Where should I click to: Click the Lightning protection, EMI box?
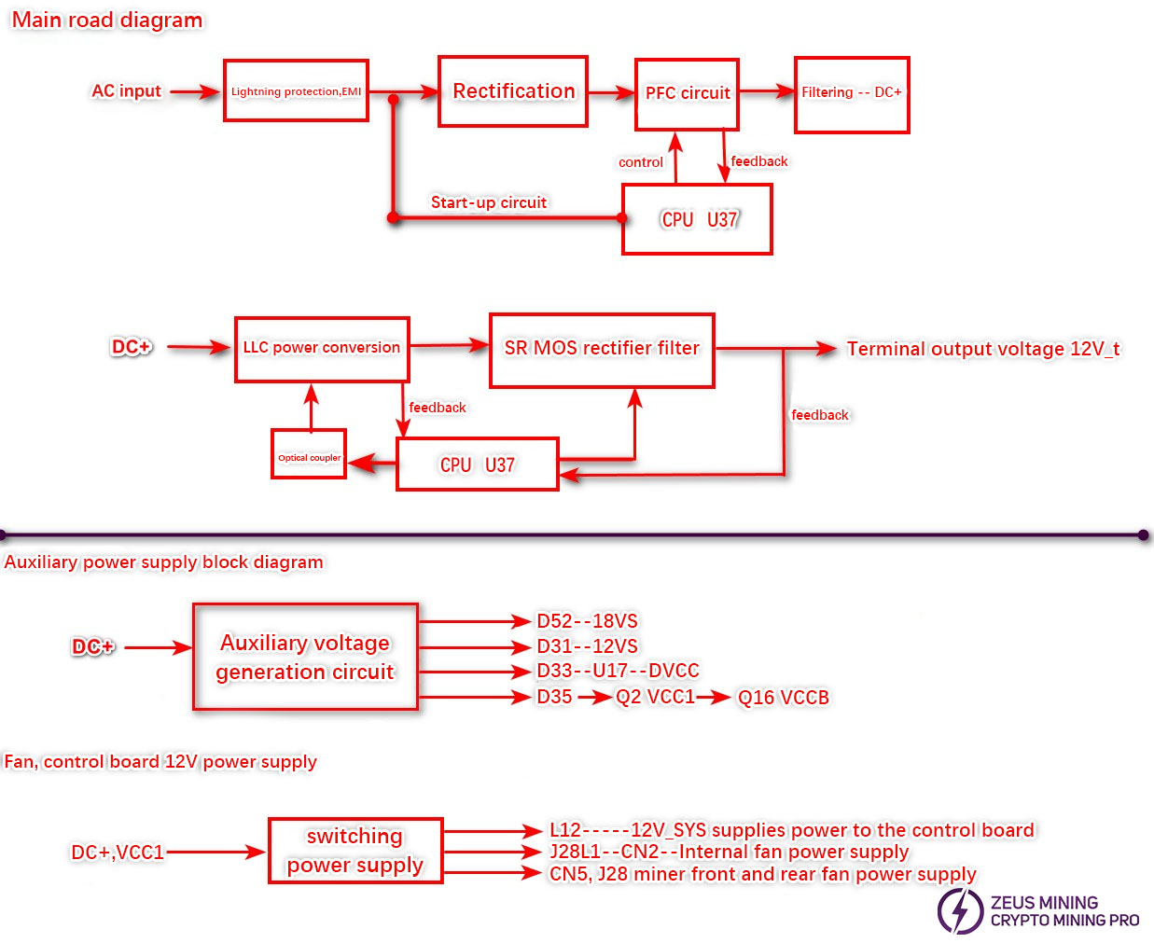click(x=296, y=90)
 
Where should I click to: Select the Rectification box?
click(x=513, y=91)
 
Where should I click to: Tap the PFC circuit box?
click(x=688, y=93)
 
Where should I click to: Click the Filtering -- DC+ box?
click(x=851, y=93)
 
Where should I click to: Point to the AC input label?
click(x=126, y=91)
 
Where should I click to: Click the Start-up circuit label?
click(x=489, y=202)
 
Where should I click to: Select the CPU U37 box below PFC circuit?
click(x=697, y=219)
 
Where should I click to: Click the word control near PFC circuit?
click(x=641, y=162)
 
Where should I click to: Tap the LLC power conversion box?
click(x=322, y=348)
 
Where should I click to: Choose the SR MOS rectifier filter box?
click(x=602, y=350)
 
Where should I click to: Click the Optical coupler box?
click(x=309, y=454)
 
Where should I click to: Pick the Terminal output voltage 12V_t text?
click(x=982, y=349)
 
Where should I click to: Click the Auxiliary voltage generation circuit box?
click(x=305, y=657)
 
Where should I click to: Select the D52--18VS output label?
click(x=587, y=621)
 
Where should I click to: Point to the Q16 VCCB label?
click(x=783, y=698)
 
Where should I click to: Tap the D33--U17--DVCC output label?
click(x=618, y=671)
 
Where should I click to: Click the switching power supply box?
click(x=355, y=850)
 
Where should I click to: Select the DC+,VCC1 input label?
click(x=118, y=852)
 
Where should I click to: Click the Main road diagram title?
click(x=107, y=20)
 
